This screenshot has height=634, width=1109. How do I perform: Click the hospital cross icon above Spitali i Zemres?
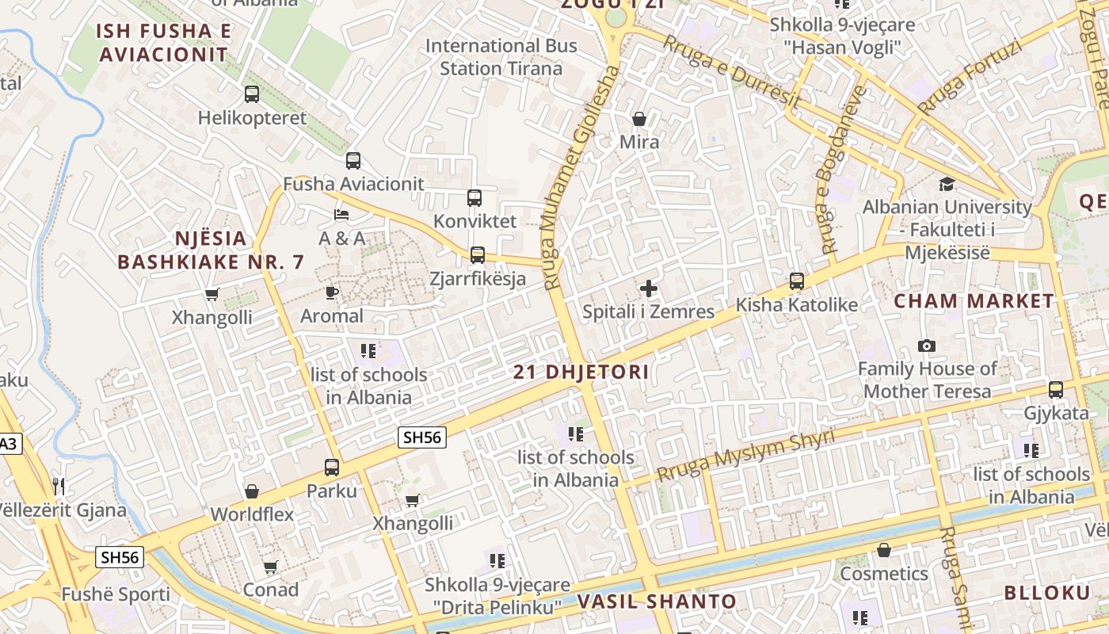click(649, 288)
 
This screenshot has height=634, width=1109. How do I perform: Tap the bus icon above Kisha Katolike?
click(797, 281)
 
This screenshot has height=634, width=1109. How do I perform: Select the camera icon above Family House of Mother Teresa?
click(926, 346)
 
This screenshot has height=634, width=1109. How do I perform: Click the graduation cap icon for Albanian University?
click(947, 185)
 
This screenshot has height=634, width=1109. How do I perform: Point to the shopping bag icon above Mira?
click(638, 119)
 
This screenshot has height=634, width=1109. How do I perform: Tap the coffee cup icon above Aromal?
click(332, 293)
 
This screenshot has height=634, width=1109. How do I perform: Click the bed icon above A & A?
click(341, 215)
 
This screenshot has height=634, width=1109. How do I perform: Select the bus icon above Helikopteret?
click(252, 94)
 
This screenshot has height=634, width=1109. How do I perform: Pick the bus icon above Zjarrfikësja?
click(477, 255)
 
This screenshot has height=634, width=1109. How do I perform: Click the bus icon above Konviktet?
click(474, 198)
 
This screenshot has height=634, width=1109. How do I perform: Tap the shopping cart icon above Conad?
click(271, 567)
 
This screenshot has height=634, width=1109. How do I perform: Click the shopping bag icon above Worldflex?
click(252, 491)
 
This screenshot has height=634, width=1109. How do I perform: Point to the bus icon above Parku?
click(332, 468)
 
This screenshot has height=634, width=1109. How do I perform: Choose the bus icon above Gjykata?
click(1056, 390)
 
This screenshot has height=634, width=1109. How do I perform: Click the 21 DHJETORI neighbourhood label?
click(581, 372)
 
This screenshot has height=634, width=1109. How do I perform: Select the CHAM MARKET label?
click(974, 301)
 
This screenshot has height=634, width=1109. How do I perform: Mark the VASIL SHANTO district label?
click(657, 602)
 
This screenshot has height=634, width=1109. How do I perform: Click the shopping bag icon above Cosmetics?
click(884, 550)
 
